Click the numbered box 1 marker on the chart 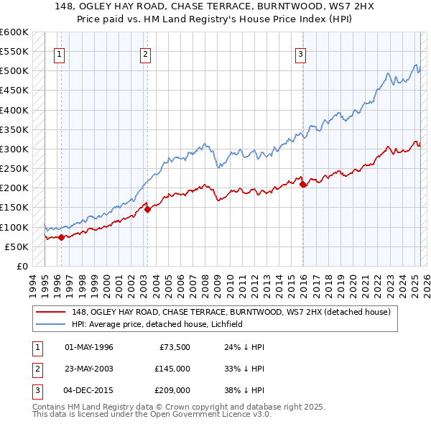(58, 52)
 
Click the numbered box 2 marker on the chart (145, 52)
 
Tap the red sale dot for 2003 (147, 210)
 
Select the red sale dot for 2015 (302, 185)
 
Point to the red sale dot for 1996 (61, 237)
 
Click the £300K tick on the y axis (14, 149)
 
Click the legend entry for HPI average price (157, 324)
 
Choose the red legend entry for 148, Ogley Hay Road (231, 312)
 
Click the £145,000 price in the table (172, 369)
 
